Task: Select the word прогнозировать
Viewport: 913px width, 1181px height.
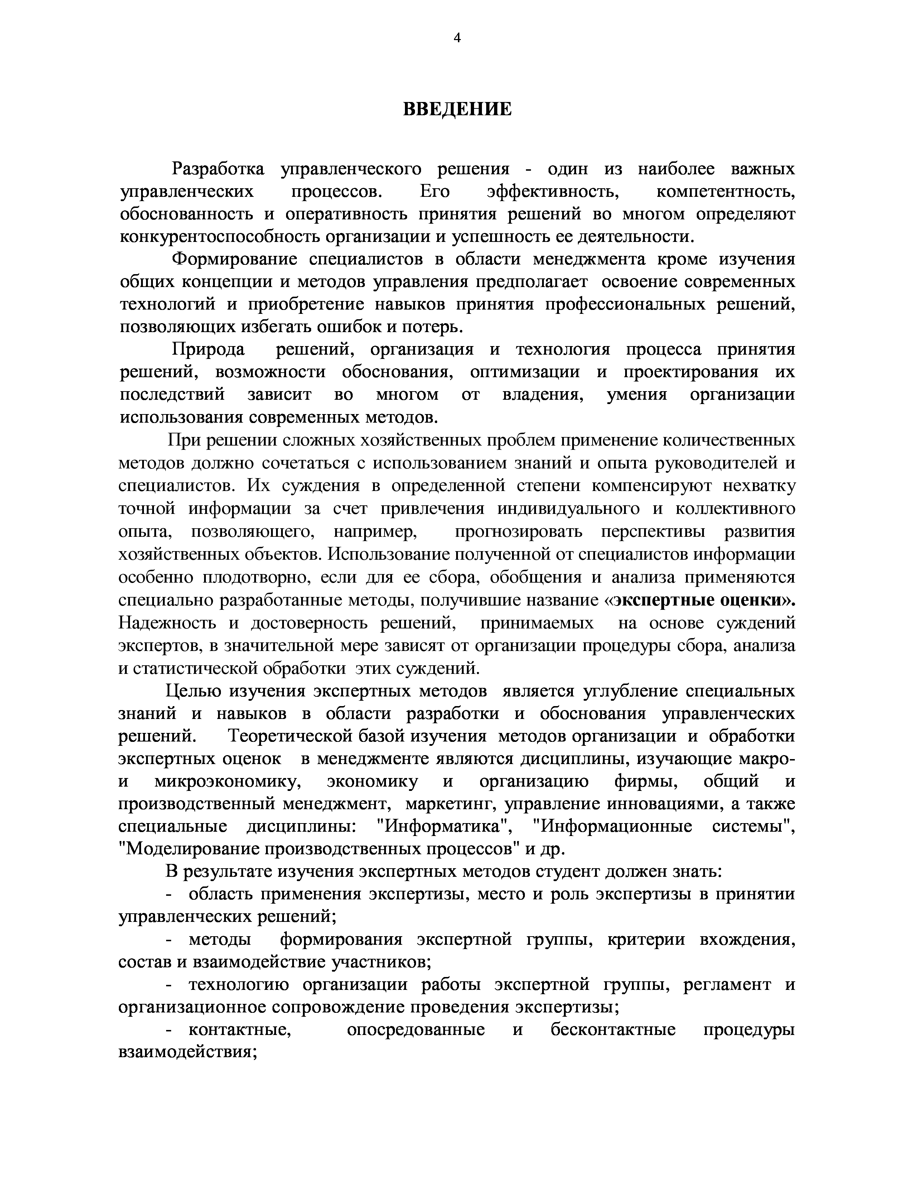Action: coord(519,532)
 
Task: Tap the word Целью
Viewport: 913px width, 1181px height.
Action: coord(192,691)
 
